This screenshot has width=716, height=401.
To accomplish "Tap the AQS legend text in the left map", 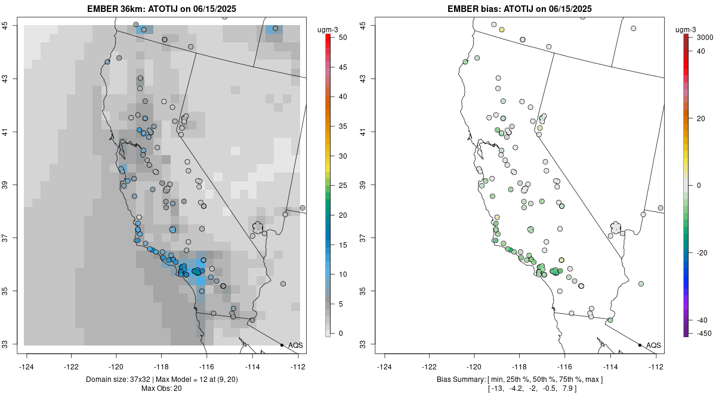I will tap(295, 346).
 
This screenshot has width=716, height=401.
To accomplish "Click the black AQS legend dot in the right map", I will tap(640, 345).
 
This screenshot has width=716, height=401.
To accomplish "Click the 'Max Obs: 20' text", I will tap(162, 388).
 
